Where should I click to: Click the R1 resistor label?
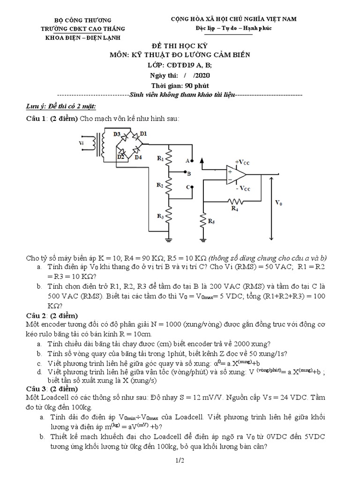(160, 158)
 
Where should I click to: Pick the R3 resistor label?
(160, 216)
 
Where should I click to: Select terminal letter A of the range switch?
(187, 160)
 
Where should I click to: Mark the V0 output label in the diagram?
(278, 203)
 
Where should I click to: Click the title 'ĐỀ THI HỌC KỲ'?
(179, 46)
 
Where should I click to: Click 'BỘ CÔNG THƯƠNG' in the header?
(83, 20)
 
